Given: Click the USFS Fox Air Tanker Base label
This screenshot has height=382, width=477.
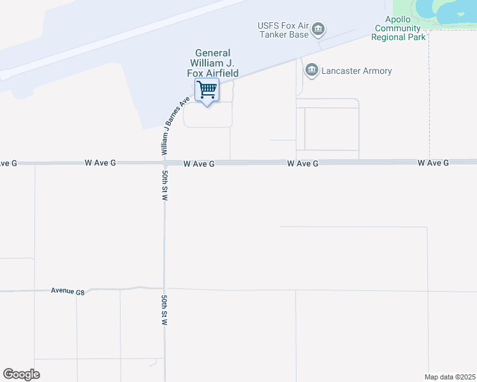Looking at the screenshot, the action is point(283,30).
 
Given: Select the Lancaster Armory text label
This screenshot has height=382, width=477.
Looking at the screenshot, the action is point(357,71).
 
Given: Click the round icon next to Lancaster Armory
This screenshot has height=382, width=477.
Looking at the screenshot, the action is point(312,70).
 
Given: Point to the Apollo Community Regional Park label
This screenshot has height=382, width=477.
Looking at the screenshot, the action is point(399,29).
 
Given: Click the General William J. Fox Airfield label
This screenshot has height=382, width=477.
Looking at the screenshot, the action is point(212,63).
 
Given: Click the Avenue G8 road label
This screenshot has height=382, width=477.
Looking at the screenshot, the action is point(68,291).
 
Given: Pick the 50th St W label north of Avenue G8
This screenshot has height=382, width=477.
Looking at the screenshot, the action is point(165,185).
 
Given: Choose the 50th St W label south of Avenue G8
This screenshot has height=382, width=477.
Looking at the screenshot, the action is point(165,310).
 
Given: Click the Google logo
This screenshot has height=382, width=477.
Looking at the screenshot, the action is point(21,374).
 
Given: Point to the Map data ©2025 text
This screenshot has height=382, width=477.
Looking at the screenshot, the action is point(450,376).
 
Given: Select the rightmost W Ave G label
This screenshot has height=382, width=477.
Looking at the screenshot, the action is point(434,163).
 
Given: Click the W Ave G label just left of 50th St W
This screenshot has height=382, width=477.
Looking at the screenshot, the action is point(100,163).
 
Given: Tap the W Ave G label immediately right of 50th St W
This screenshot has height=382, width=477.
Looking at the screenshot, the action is point(198,164).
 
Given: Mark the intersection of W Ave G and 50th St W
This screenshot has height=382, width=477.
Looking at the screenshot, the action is point(165,163).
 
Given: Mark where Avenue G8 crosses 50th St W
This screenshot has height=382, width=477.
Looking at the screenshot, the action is point(165,289).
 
